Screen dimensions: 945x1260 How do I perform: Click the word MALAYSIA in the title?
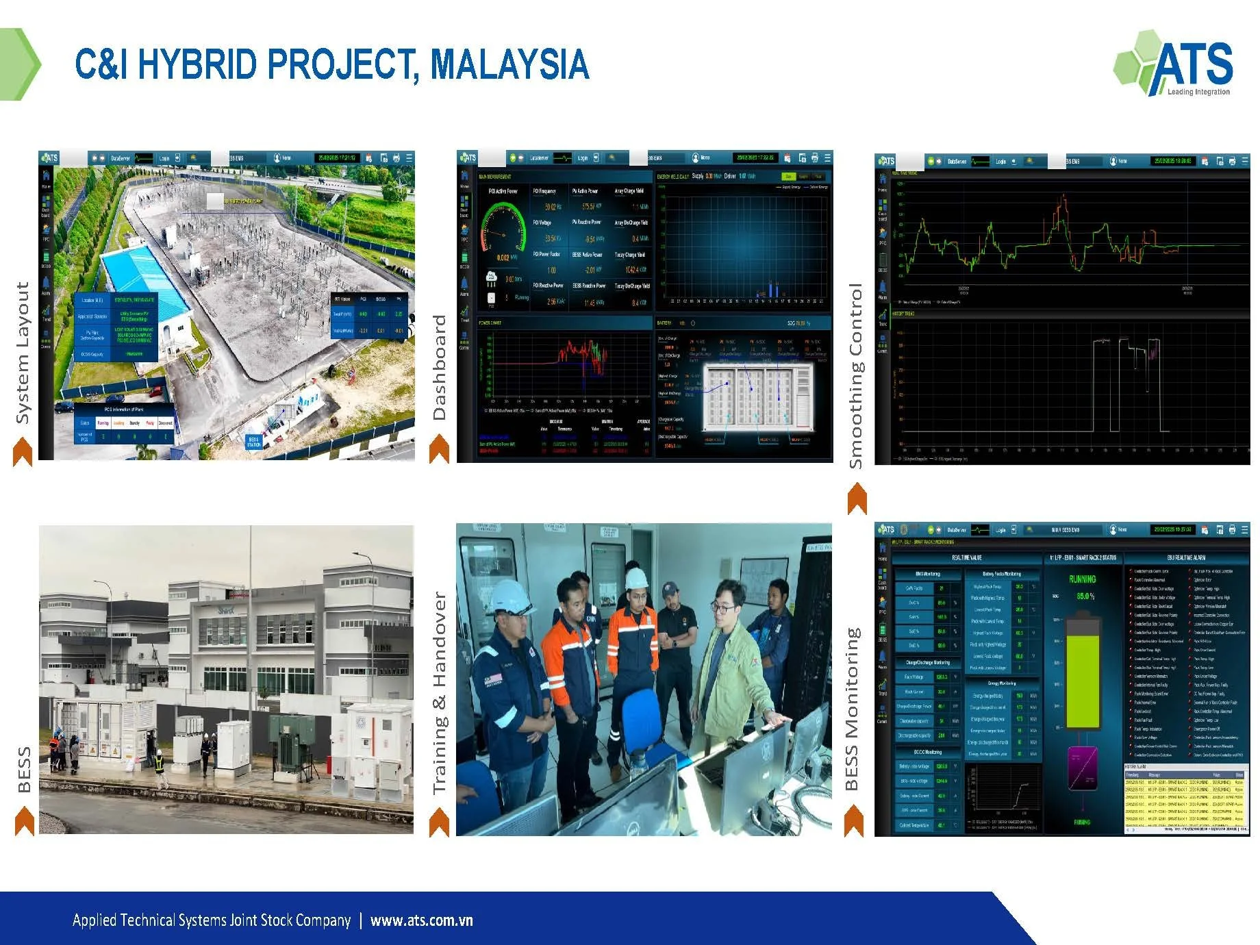pyautogui.click(x=509, y=64)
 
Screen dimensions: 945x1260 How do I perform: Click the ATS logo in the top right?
pyautogui.click(x=1174, y=64)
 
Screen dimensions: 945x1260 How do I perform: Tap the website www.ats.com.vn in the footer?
pyautogui.click(x=421, y=920)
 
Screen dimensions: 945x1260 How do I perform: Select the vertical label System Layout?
pyautogui.click(x=23, y=353)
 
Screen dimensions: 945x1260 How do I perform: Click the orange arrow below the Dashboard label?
pyautogui.click(x=439, y=450)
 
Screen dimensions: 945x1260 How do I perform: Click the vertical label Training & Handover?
pyautogui.click(x=439, y=692)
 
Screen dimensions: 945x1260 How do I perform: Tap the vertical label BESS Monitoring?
pyautogui.click(x=852, y=709)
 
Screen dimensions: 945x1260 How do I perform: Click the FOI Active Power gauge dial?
pyautogui.click(x=504, y=229)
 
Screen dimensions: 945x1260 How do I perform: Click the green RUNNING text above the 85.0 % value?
pyautogui.click(x=1082, y=579)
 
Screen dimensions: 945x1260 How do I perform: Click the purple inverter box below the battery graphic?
pyautogui.click(x=1083, y=770)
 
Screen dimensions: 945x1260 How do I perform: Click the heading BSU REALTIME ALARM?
pyautogui.click(x=1186, y=558)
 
